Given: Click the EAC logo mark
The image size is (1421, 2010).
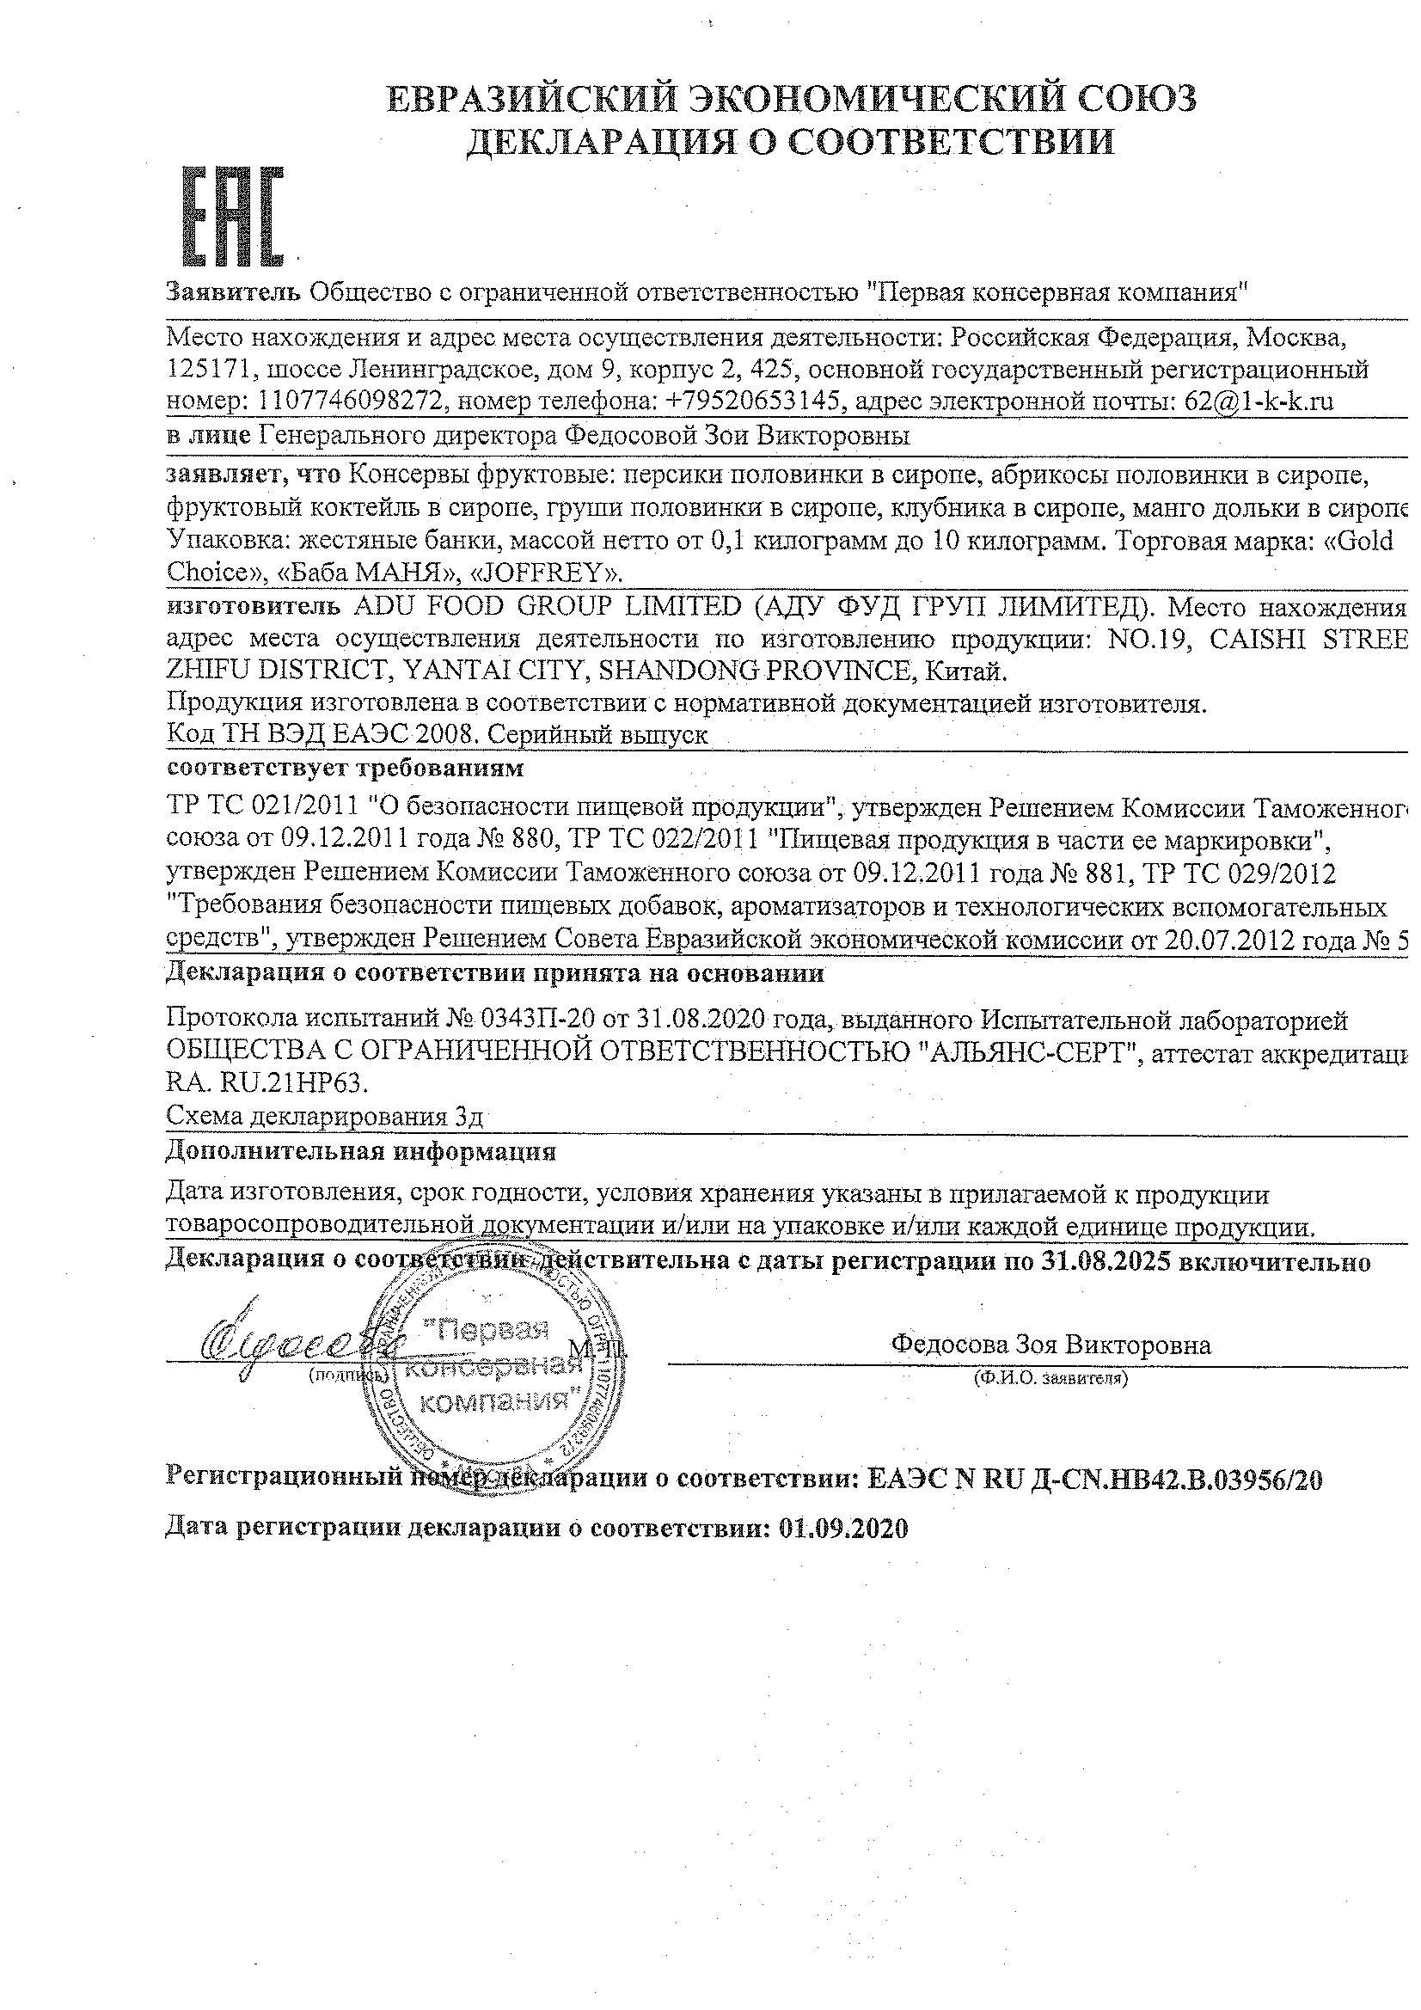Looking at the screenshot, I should coord(232,217).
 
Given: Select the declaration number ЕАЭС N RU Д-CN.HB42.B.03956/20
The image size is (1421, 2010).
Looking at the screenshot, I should coord(1093,1480).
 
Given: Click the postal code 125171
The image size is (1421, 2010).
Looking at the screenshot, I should coord(206,370).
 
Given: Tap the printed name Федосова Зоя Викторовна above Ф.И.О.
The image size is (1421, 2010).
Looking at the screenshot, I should coord(1050,1345).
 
